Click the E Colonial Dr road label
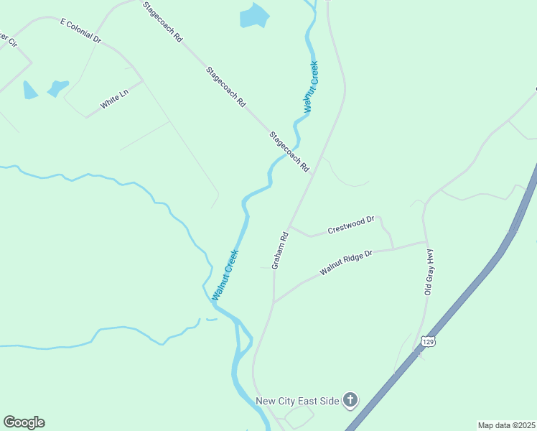point(82,32)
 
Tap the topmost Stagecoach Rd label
point(162,20)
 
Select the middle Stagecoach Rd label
point(226,87)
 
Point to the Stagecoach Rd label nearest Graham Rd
point(289,152)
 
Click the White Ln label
point(113,100)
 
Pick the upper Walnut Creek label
point(310,87)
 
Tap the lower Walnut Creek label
point(225,274)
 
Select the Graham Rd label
point(280,250)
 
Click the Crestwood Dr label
point(351,225)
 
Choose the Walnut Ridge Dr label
point(347,262)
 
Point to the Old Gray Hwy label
point(430,272)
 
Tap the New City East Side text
point(296,400)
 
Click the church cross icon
point(350,399)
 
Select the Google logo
point(24,422)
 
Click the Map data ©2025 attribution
point(506,425)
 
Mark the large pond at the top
point(253,15)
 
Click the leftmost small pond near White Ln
point(29,90)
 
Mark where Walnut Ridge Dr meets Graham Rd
point(274,302)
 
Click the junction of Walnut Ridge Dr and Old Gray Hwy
point(426,243)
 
